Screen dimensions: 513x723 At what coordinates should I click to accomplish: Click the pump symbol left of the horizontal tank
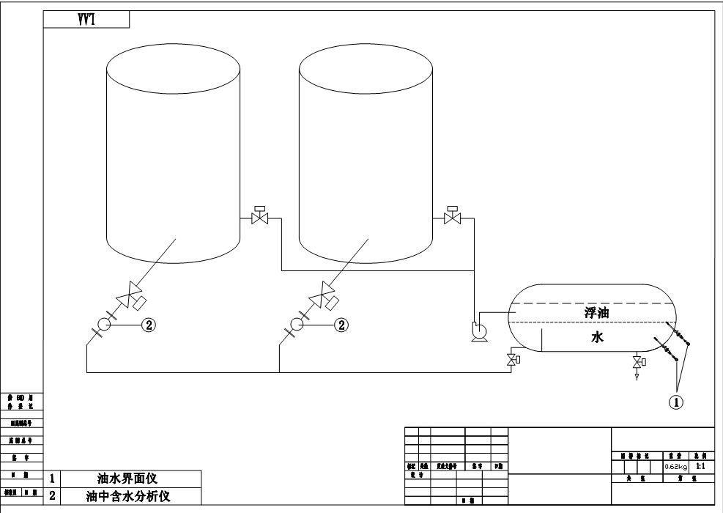(x=480, y=331)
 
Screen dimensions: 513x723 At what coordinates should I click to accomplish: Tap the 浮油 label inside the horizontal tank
(x=598, y=313)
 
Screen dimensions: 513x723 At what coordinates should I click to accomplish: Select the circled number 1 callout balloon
(x=678, y=401)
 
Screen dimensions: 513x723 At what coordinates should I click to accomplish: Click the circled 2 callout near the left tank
(x=149, y=324)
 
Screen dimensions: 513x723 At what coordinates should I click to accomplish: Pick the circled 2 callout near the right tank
(x=341, y=324)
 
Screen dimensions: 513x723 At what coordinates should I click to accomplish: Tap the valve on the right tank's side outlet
(x=453, y=218)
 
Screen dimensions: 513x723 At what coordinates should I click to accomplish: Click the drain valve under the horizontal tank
(x=637, y=361)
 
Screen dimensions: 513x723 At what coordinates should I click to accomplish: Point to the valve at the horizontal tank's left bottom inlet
(x=512, y=360)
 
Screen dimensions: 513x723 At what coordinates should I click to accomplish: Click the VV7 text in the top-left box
(x=87, y=20)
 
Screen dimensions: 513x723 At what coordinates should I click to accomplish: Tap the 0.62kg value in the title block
(x=675, y=466)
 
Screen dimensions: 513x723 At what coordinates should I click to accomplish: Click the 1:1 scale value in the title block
(x=700, y=465)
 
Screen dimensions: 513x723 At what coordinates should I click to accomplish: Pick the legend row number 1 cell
(x=52, y=479)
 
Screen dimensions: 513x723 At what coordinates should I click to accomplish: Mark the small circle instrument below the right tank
(x=297, y=324)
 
